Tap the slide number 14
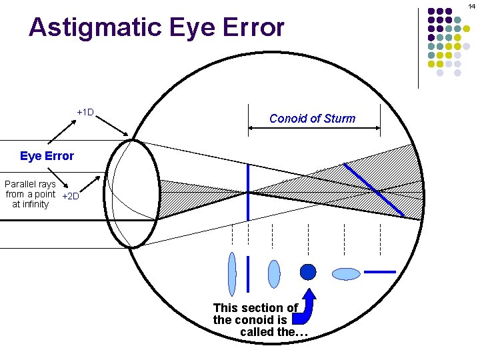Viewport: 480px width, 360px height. click(x=472, y=5)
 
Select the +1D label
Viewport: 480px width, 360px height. click(x=85, y=112)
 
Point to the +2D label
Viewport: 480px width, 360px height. click(x=70, y=196)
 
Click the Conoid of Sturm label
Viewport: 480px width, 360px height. click(x=312, y=119)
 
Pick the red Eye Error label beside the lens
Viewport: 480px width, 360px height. click(x=47, y=156)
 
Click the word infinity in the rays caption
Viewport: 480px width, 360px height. click(x=30, y=204)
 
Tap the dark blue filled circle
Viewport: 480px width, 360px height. click(x=307, y=272)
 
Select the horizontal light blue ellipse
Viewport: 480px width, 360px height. click(x=346, y=273)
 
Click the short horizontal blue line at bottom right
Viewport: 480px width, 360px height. click(x=380, y=272)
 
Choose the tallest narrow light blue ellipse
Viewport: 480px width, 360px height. click(x=232, y=273)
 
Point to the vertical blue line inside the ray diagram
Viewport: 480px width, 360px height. click(x=248, y=190)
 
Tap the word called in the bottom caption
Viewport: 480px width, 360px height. click(x=257, y=332)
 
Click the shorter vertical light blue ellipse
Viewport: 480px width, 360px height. click(x=273, y=273)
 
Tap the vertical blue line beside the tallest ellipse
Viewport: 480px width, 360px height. click(x=248, y=274)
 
